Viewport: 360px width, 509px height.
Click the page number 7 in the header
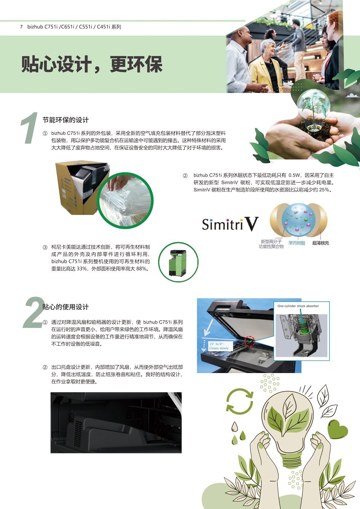[21, 27]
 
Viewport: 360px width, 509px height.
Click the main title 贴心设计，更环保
[92, 64]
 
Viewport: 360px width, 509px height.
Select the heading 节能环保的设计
[65, 120]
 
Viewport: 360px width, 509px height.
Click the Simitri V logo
[230, 224]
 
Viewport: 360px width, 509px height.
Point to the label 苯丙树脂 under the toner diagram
[296, 243]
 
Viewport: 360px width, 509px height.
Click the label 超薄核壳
[320, 243]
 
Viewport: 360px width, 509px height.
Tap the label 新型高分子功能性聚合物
[271, 244]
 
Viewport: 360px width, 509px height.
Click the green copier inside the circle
[178, 262]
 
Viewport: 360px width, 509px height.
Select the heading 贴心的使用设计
[65, 307]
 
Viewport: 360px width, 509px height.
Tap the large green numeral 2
[33, 313]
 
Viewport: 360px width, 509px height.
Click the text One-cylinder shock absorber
[298, 306]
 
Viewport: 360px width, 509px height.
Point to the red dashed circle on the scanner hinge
[249, 341]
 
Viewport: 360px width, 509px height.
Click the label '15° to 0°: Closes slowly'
[219, 346]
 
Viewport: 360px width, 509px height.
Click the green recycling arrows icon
[239, 401]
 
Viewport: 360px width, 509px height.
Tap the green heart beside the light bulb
[337, 429]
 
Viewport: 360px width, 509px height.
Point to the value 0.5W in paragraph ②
[295, 175]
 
